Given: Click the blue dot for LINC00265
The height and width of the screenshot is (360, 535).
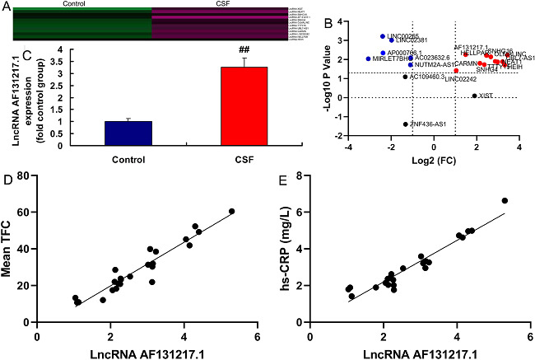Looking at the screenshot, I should (x=383, y=36).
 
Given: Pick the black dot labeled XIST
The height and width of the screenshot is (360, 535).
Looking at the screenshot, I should (x=474, y=96).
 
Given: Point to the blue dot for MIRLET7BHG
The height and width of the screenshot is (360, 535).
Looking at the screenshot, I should (x=368, y=59).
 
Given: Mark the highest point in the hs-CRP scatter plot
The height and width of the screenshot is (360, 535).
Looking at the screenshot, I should (x=505, y=200).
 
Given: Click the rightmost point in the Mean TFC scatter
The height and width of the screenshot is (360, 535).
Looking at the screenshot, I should (x=231, y=211).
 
